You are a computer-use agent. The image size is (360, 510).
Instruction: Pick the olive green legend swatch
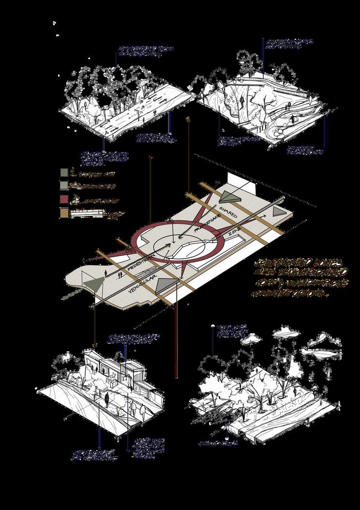click(x=64, y=173)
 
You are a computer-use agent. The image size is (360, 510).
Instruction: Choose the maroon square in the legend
click(x=64, y=200)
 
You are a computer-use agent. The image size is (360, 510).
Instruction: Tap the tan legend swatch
click(x=64, y=214)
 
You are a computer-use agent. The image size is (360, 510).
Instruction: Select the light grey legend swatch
click(x=64, y=186)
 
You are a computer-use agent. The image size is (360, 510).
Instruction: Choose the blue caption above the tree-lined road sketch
click(x=146, y=51)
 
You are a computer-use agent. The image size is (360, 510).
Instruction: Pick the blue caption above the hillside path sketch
click(x=289, y=44)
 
